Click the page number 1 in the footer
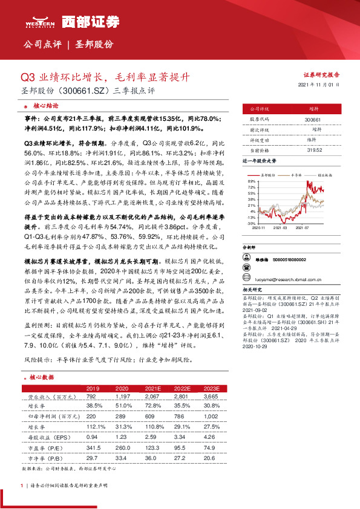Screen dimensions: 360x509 (22, 485)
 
